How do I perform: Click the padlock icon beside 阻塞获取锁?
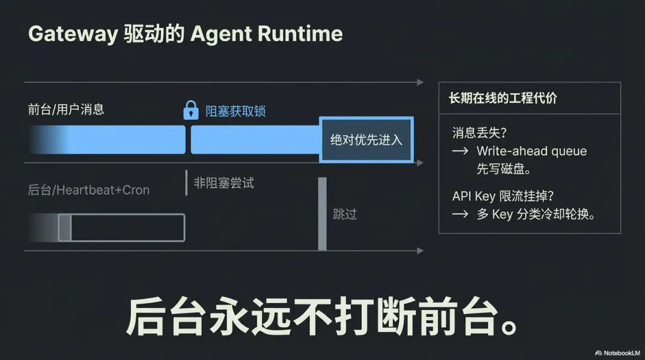click(191, 110)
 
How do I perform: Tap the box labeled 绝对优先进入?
click(366, 140)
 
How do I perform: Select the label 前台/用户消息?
click(66, 109)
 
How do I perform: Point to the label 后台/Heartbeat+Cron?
click(88, 190)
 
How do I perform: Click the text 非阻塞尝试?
click(224, 183)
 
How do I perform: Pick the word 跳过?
click(345, 214)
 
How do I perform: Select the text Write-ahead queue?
click(532, 151)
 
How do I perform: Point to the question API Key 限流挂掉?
click(503, 196)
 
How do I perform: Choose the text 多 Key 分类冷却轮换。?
click(536, 214)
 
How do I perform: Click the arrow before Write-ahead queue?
click(460, 151)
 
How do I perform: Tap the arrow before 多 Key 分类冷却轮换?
click(460, 214)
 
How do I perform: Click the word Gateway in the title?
click(73, 33)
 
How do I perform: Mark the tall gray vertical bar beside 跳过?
click(322, 214)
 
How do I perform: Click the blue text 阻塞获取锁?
click(235, 110)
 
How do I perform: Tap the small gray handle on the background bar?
click(64, 227)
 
